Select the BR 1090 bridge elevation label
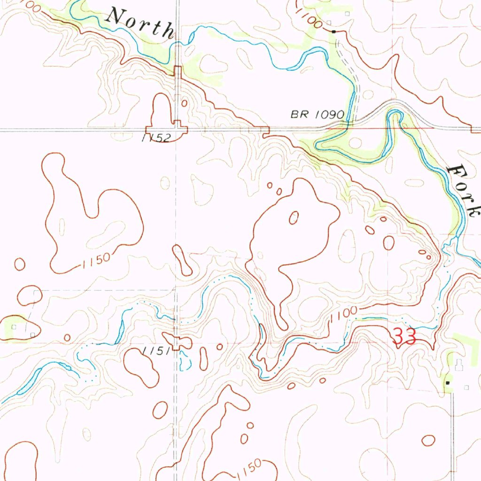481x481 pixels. pyautogui.click(x=318, y=115)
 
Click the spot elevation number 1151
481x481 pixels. pyautogui.click(x=153, y=351)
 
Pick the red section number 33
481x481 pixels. pyautogui.click(x=404, y=336)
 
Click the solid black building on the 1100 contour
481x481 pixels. pyautogui.click(x=334, y=31)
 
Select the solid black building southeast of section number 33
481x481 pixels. pyautogui.click(x=447, y=383)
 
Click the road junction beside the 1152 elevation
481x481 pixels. pyautogui.click(x=177, y=128)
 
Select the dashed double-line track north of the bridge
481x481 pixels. pyautogui.click(x=353, y=75)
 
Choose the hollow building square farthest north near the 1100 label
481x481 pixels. pyautogui.click(x=348, y=14)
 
